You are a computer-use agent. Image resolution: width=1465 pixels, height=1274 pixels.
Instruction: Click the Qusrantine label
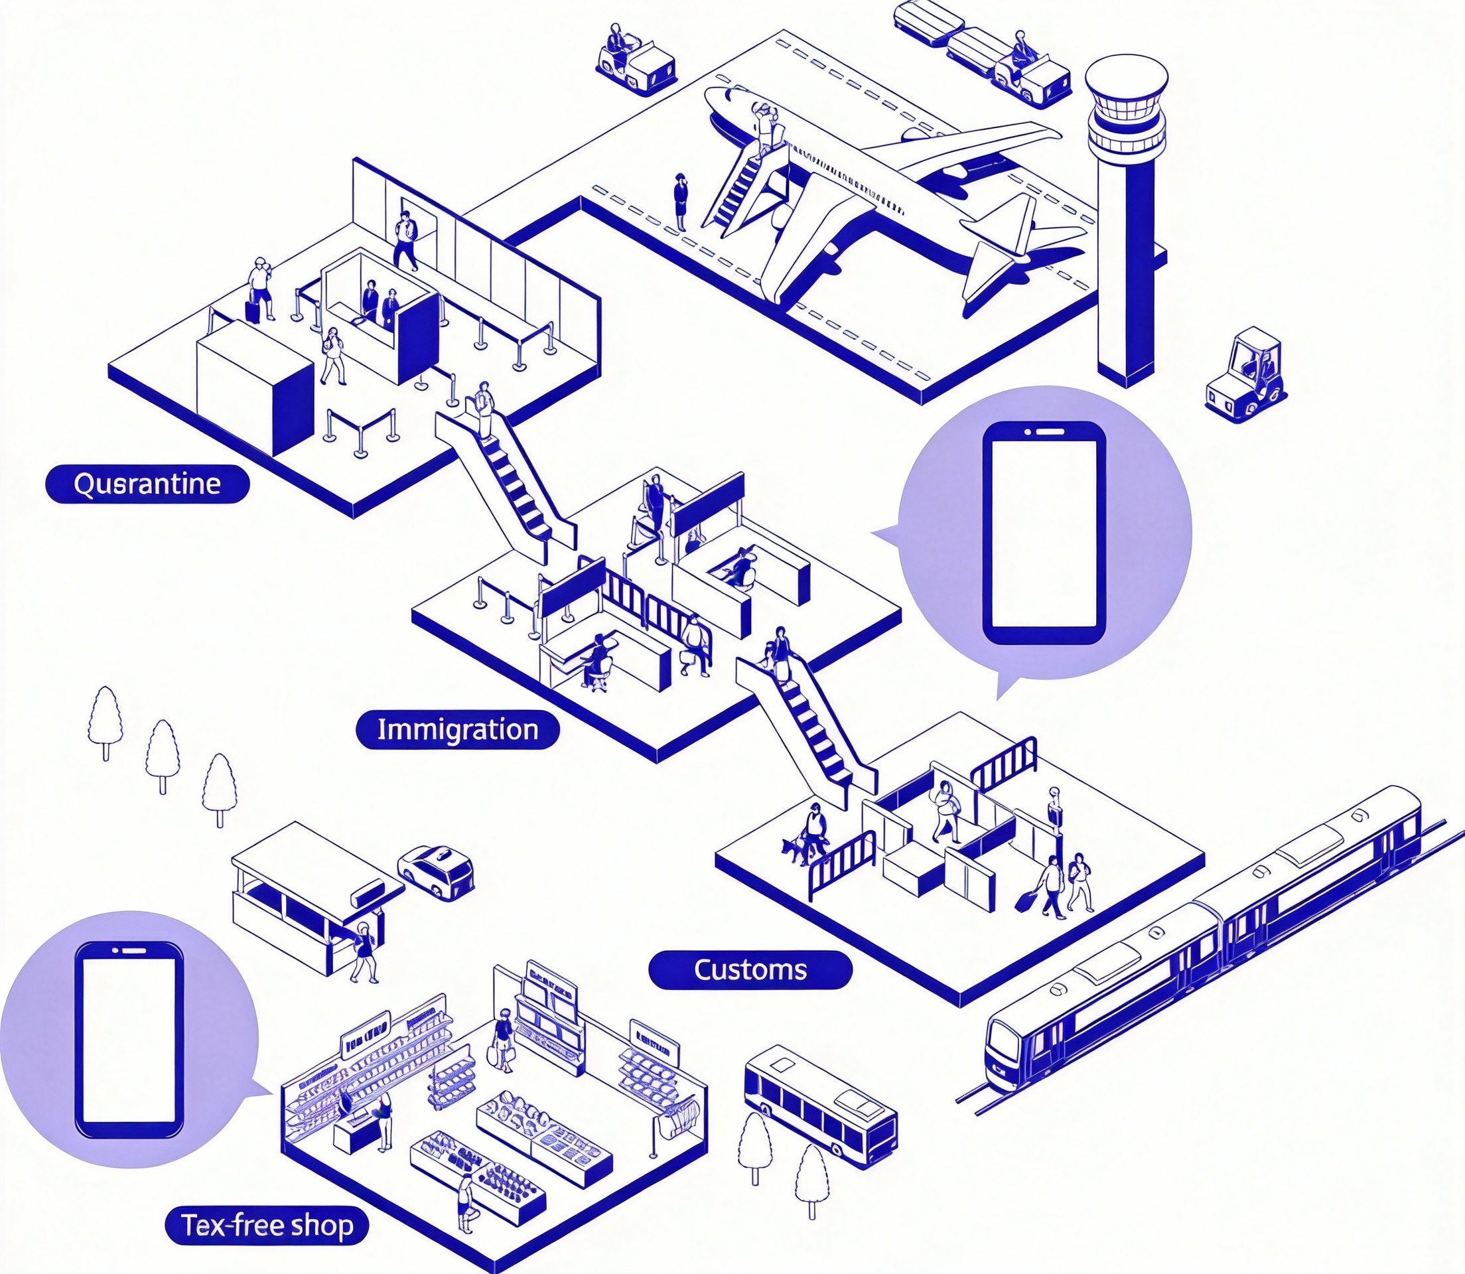click(147, 484)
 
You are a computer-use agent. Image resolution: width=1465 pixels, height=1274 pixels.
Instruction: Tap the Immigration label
click(457, 729)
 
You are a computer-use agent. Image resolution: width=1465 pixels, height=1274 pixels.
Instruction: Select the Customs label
click(750, 969)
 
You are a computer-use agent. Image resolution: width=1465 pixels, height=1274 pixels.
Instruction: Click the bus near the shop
click(819, 1107)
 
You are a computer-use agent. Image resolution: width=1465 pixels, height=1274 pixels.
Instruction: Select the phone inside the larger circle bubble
click(1044, 533)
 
